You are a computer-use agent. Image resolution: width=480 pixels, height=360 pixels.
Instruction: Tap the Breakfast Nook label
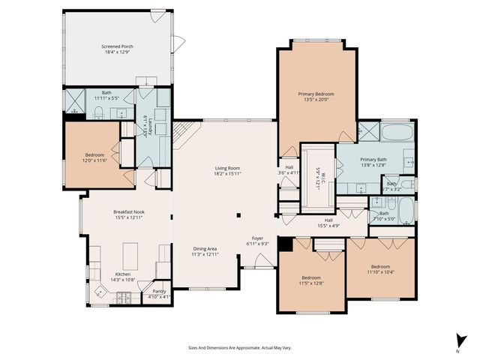tap(129, 212)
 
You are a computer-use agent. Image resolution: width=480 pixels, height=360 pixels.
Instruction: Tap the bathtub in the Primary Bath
tap(397, 134)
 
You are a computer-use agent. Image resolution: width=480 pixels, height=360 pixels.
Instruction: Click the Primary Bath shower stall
tap(367, 133)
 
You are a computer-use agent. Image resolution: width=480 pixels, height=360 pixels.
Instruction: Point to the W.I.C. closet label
tap(319, 178)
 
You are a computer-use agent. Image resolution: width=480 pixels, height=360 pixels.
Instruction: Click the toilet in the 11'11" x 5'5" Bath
tap(99, 113)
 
